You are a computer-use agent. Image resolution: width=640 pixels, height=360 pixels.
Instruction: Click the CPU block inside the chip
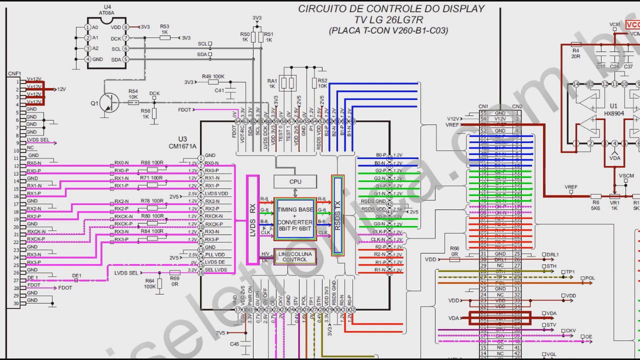click(295, 182)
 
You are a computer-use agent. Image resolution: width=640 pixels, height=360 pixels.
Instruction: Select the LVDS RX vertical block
click(253, 219)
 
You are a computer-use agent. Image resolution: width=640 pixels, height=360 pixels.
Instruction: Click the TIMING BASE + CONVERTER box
click(295, 218)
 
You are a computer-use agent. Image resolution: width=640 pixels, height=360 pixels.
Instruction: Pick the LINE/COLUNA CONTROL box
click(294, 257)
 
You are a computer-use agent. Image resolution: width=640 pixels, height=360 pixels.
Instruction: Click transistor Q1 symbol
click(107, 102)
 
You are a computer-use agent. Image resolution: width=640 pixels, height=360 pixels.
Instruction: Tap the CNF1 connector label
click(14, 73)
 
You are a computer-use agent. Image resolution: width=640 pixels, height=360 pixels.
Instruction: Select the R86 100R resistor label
click(152, 162)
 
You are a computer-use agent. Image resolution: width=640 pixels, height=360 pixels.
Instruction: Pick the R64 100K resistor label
click(149, 283)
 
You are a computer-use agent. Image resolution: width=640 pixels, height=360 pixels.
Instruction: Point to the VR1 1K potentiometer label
click(613, 205)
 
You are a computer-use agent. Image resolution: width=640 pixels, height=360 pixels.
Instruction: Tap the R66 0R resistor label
click(454, 251)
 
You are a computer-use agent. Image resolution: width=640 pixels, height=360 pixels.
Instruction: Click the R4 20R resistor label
click(575, 53)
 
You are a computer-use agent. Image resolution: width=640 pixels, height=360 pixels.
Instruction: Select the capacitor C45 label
click(234, 344)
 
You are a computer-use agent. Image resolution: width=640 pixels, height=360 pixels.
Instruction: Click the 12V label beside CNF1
click(61, 89)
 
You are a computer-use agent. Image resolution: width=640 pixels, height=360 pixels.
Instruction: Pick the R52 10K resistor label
click(322, 83)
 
